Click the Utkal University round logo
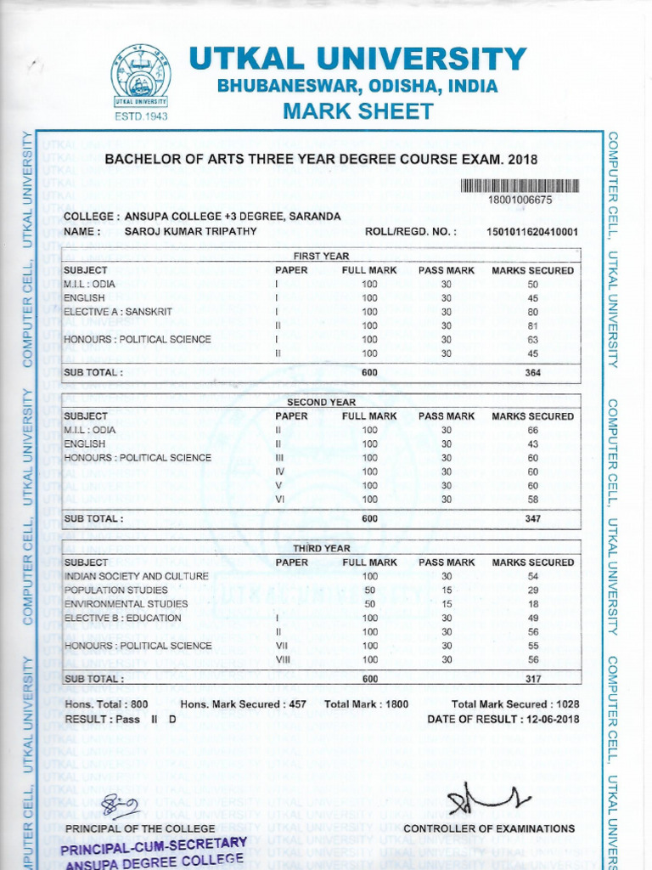tap(141, 76)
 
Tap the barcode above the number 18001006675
tap(520, 186)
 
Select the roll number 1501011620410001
tap(531, 231)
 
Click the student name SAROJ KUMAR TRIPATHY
tap(189, 231)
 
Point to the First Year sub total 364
tap(533, 372)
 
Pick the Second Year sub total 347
tap(533, 518)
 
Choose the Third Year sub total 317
tap(533, 679)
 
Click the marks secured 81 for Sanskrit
tap(533, 325)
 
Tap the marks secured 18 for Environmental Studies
tap(533, 604)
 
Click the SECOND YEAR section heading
tap(321, 402)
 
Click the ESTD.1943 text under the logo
tap(141, 116)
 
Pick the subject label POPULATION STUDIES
tap(116, 590)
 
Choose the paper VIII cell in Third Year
tap(278, 659)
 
